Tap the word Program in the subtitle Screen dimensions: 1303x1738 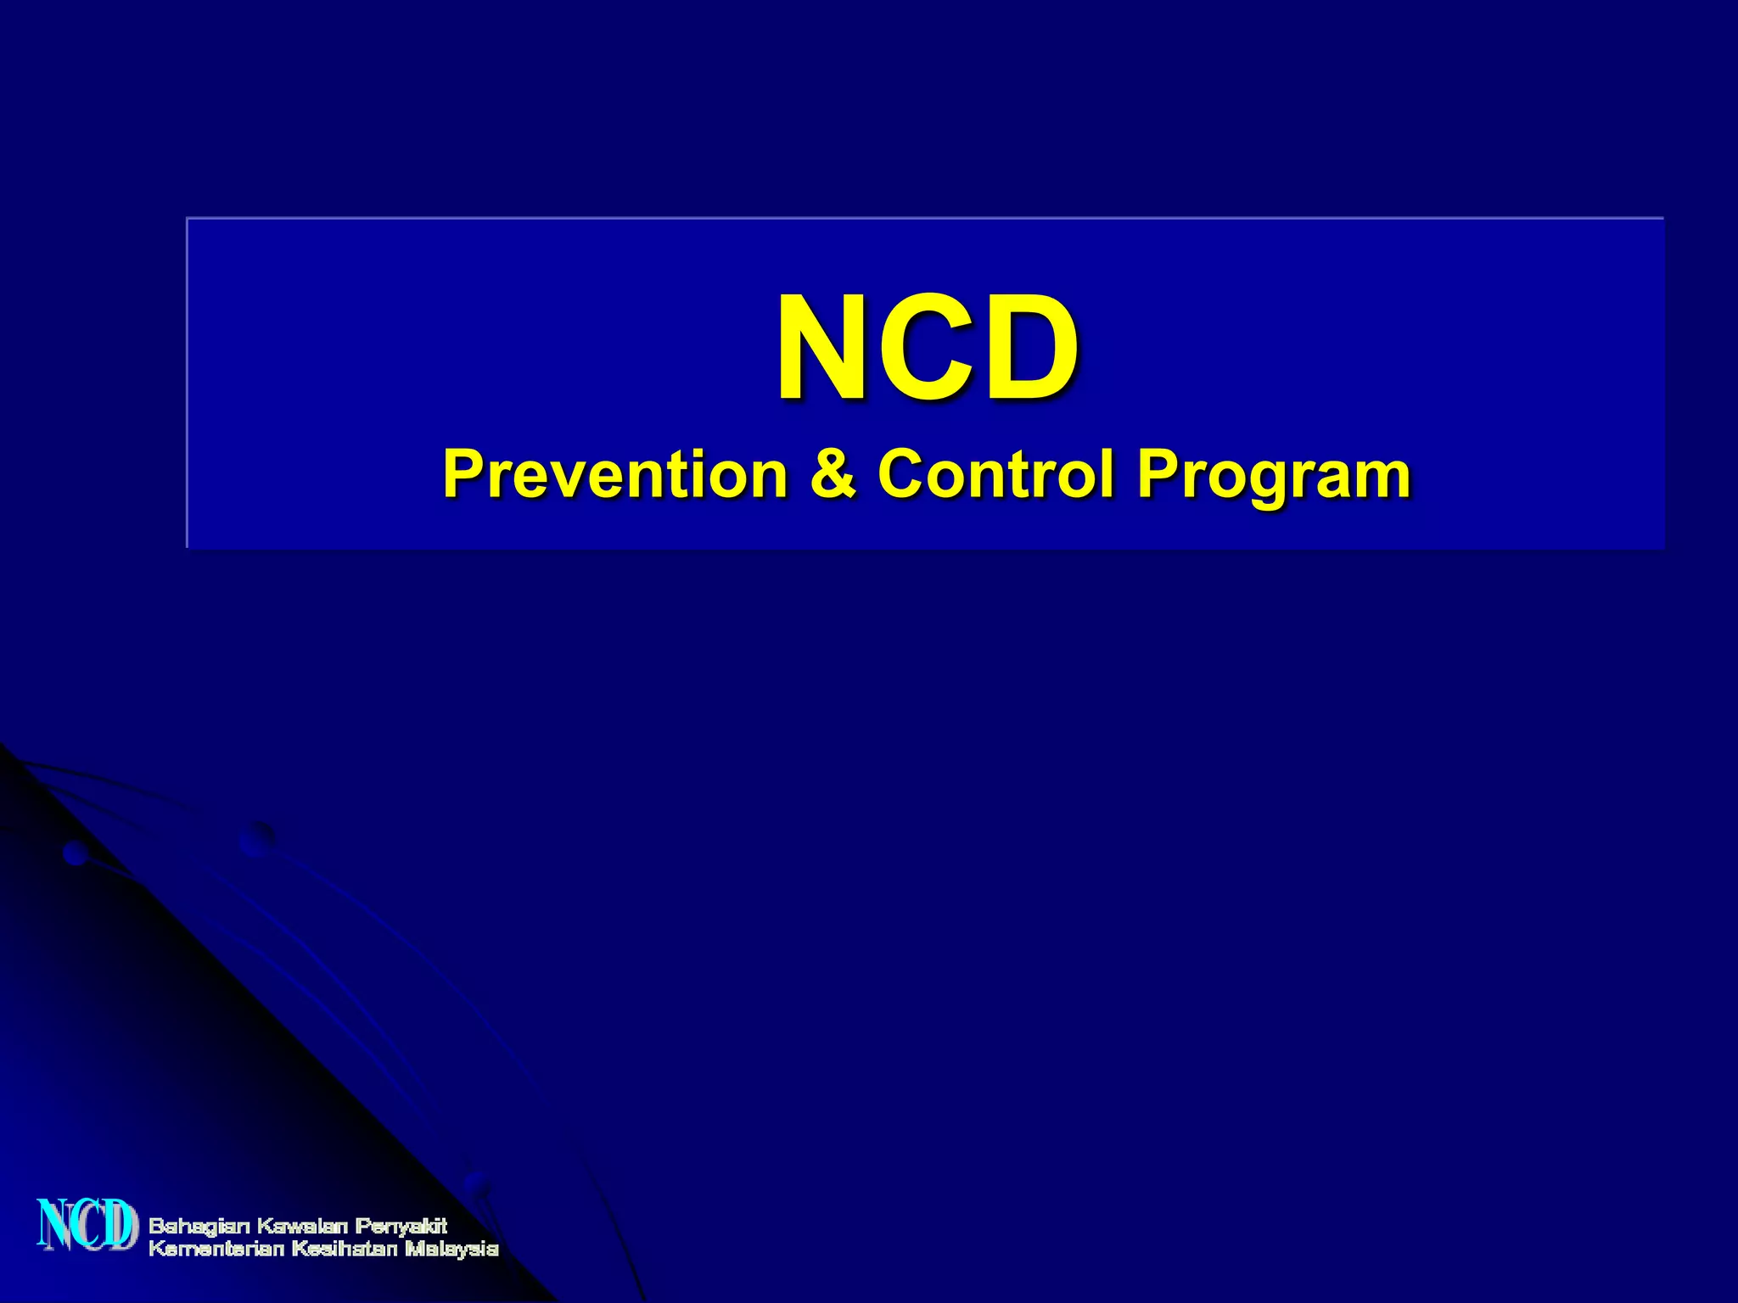click(1274, 475)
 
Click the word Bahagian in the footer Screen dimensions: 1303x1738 click(200, 1227)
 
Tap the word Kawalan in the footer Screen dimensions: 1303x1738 click(302, 1226)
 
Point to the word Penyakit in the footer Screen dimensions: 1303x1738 click(401, 1227)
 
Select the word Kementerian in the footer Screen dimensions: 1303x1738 click(216, 1249)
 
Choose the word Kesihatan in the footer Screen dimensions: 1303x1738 click(345, 1249)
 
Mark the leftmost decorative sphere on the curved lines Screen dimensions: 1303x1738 click(76, 853)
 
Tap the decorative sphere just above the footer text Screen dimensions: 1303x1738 click(476, 1183)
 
